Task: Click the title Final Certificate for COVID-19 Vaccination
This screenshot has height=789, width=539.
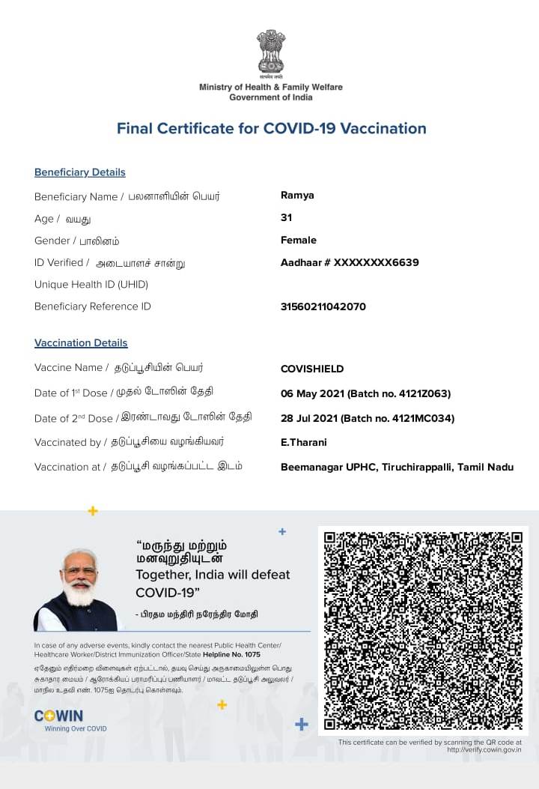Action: (x=271, y=128)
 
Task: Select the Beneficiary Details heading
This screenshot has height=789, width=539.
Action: (x=80, y=172)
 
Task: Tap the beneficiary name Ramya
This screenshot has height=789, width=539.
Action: (x=297, y=196)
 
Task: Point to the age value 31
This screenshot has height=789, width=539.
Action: (x=286, y=218)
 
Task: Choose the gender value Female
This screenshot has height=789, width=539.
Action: (x=298, y=241)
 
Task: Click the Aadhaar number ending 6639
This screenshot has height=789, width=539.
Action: (x=350, y=262)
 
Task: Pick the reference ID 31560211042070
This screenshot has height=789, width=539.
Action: (x=323, y=306)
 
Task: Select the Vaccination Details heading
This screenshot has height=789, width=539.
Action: (x=81, y=343)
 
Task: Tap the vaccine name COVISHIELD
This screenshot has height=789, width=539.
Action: (x=312, y=369)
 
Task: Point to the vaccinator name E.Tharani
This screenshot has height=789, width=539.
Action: (x=303, y=442)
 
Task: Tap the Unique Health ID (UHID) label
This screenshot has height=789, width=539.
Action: (x=91, y=285)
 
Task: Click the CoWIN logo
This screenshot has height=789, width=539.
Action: (x=59, y=716)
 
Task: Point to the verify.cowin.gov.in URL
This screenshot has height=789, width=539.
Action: (x=484, y=749)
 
